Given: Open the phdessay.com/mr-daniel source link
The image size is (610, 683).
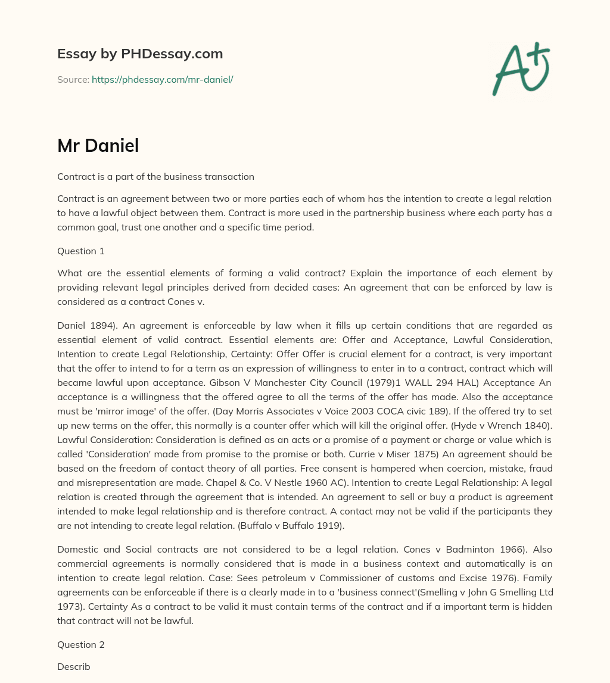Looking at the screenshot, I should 162,79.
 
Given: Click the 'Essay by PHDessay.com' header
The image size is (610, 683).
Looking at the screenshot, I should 140,54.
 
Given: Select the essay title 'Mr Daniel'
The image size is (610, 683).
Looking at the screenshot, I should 98,145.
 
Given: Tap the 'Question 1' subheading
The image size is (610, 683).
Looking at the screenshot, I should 81,251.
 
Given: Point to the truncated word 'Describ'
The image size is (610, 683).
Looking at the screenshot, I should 74,667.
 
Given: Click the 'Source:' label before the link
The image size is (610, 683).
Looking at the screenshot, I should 73,79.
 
